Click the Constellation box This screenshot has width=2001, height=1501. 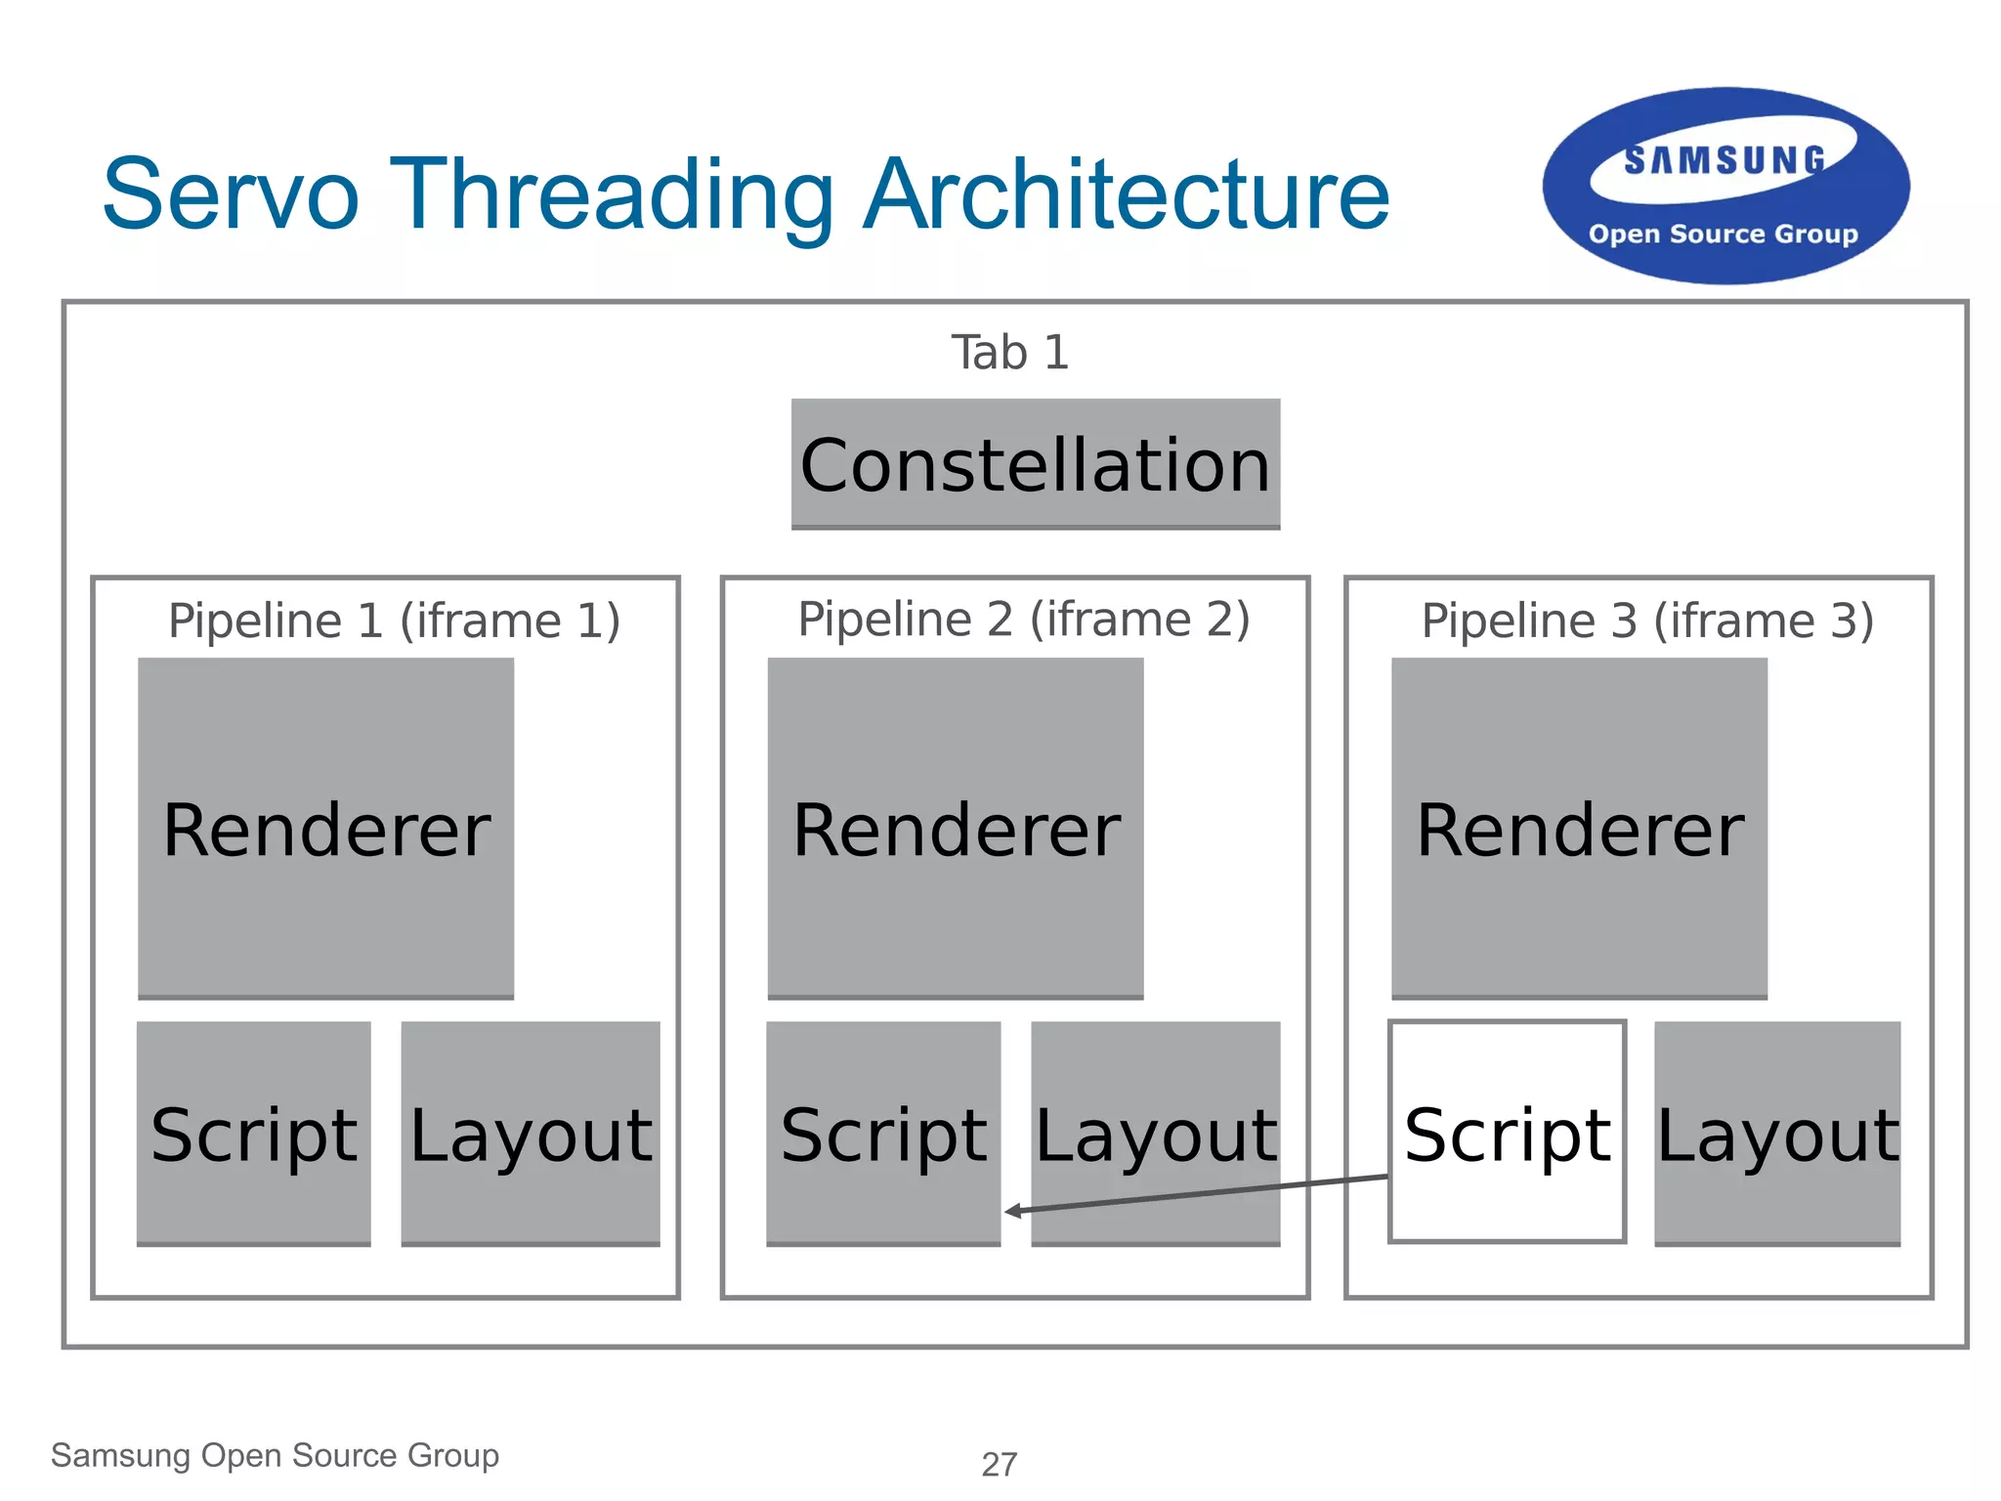pos(1035,464)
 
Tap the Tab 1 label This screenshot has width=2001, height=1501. pos(1010,353)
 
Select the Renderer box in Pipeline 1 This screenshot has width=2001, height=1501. pos(325,828)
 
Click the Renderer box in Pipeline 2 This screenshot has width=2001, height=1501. pos(955,828)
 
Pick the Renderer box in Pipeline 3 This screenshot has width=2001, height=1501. pos(1579,828)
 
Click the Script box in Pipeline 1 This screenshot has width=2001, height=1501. pos(254,1133)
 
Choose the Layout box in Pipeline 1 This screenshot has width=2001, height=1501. pos(531,1133)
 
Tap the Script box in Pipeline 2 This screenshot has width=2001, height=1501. pos(883,1133)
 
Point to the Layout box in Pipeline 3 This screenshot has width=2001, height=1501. pos(1777,1133)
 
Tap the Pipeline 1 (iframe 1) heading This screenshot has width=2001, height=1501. pos(394,621)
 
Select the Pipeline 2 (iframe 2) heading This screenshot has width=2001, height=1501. pos(1023,619)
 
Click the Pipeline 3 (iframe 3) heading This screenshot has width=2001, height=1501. pos(1647,621)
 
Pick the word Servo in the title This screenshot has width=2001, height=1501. pos(231,195)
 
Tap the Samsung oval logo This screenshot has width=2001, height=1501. pos(1725,186)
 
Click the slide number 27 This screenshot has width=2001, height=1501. pos(1000,1464)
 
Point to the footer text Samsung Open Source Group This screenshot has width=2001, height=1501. pos(275,1455)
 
